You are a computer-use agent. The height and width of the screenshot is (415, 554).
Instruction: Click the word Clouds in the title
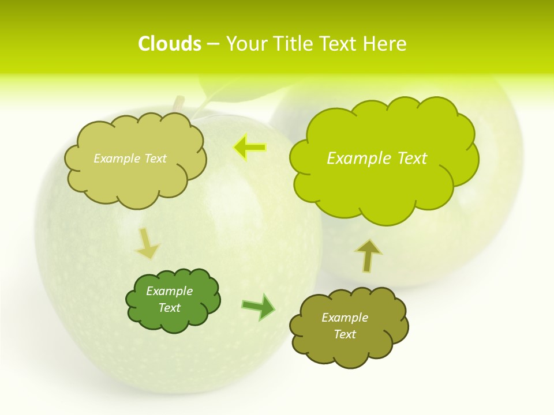pyautogui.click(x=170, y=44)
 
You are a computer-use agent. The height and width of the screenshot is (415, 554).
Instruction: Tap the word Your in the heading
pyautogui.click(x=247, y=44)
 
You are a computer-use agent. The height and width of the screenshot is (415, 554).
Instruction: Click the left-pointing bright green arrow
pyautogui.click(x=250, y=148)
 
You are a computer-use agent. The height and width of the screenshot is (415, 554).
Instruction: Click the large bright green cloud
pyautogui.click(x=383, y=159)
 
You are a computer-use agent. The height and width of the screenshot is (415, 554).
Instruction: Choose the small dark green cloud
pyautogui.click(x=173, y=300)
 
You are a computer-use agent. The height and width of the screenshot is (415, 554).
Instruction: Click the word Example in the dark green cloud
pyautogui.click(x=169, y=291)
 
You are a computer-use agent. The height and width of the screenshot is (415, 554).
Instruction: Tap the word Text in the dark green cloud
pyautogui.click(x=169, y=308)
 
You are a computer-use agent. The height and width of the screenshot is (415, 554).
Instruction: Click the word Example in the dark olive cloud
pyautogui.click(x=345, y=318)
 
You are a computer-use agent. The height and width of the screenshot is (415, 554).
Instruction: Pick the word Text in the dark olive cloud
pyautogui.click(x=345, y=334)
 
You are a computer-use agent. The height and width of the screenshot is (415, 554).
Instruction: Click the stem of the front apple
pyautogui.click(x=178, y=104)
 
